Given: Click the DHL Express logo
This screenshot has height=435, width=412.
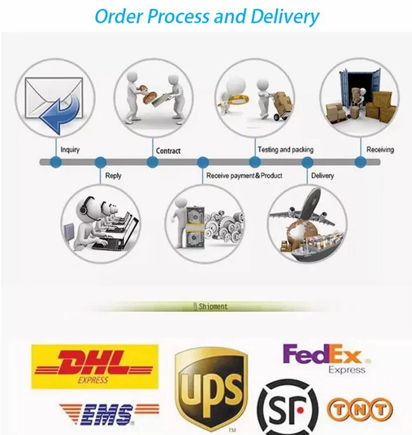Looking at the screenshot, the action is point(95,366).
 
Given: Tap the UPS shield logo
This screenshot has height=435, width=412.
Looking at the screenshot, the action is point(211,389).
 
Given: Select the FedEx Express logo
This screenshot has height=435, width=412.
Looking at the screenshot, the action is point(326,358).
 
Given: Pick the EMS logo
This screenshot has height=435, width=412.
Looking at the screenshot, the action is point(109,415).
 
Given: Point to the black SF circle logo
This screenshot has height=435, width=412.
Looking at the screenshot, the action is point(288,408).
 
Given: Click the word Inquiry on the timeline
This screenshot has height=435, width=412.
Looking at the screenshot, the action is point(70,150).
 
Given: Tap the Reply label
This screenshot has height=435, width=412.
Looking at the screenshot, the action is point(113,176).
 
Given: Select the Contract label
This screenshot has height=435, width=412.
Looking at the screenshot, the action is point(168,151).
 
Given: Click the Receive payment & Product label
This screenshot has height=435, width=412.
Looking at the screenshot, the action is point(244,176).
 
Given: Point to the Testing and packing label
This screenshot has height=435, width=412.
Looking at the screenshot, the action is point(286,150).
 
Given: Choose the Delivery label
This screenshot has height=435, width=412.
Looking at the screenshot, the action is point(322,176).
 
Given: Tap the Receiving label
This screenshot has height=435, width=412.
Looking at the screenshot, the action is point(380,150).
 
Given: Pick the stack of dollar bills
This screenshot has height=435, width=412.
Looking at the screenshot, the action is point(195,227).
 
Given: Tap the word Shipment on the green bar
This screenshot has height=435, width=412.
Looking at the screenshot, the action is point(213,307).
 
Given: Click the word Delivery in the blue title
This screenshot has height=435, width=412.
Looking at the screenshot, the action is point(285,16).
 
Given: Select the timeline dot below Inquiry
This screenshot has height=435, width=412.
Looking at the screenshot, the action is point(56,163).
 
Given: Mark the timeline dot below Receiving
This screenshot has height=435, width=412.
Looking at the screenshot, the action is point(361,163).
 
